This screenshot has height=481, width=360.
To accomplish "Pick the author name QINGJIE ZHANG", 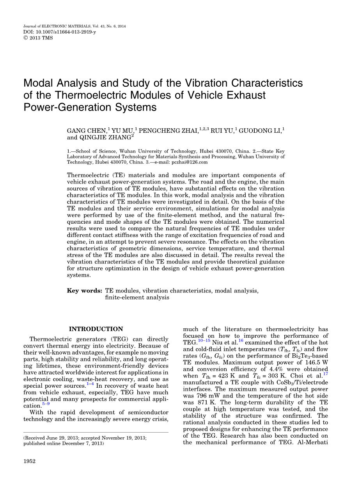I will point(105,137).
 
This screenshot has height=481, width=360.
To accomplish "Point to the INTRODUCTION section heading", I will point(96,329).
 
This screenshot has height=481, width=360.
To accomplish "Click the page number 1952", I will point(30,461).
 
